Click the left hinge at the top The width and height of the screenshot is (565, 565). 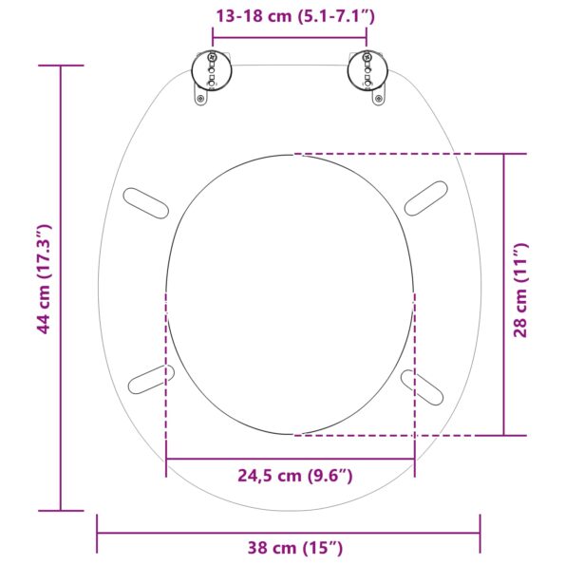point(211,70)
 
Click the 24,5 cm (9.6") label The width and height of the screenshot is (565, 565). point(290,475)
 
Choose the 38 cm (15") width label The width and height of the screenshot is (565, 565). point(289,547)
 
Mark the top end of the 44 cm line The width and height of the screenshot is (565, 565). point(61,66)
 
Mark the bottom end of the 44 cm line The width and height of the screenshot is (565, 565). point(61,511)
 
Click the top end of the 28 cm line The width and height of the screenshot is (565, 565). point(504,154)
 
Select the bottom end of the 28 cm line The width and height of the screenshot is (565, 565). point(504,435)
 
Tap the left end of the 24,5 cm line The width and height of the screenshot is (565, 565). point(166,460)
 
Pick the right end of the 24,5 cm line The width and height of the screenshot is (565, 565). point(414,460)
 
